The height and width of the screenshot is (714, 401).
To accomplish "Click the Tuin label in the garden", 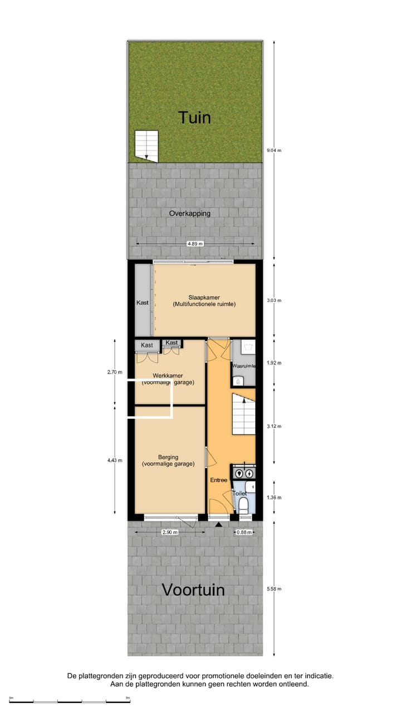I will click(x=194, y=118).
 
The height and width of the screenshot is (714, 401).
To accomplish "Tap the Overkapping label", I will click(x=190, y=213).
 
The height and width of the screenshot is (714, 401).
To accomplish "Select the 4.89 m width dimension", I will click(x=195, y=244).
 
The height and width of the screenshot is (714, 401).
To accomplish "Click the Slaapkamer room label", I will click(x=204, y=301).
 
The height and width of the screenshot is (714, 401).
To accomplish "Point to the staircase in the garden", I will click(x=146, y=145).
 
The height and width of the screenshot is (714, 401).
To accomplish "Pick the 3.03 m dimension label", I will click(x=275, y=300).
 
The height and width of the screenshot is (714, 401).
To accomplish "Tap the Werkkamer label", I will click(x=167, y=375).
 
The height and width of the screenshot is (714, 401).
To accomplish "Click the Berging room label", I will click(x=168, y=457).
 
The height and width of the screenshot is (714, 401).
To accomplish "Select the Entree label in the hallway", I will click(x=218, y=480).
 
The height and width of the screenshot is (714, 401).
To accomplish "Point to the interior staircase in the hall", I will click(x=243, y=416).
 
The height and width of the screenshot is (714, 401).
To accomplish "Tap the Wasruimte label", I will click(x=243, y=366).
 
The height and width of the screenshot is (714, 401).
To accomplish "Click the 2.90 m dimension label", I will click(x=169, y=532).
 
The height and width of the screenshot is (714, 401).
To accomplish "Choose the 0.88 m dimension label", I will click(x=243, y=532).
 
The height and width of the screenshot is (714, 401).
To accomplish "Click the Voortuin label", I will click(x=193, y=590).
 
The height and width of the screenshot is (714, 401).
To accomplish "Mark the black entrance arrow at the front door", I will click(x=219, y=524).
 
